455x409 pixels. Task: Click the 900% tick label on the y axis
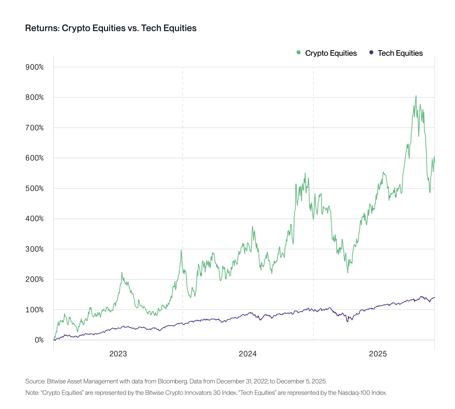click(34, 67)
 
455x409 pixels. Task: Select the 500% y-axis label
click(34, 188)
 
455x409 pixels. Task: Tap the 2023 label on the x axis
click(118, 354)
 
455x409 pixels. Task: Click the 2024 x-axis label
click(248, 354)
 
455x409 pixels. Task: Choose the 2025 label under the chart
click(378, 354)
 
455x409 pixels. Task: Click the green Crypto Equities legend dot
click(298, 53)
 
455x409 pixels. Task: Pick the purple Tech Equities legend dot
click(371, 53)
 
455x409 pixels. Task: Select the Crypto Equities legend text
click(331, 53)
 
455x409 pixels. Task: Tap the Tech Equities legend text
click(400, 53)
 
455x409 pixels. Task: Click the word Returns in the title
click(42, 28)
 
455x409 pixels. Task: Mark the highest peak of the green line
click(416, 96)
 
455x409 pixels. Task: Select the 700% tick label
click(34, 128)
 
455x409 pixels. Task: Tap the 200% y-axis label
click(34, 280)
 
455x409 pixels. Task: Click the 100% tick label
click(34, 310)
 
